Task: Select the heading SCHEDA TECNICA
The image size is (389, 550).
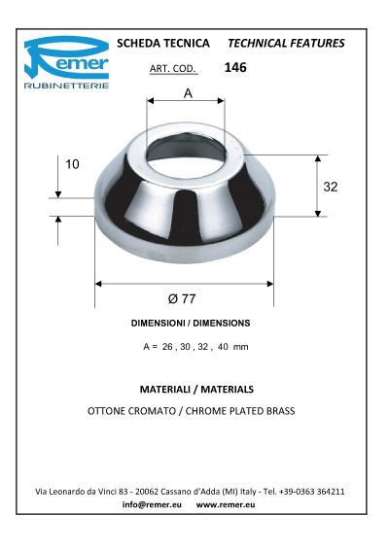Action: click(x=163, y=44)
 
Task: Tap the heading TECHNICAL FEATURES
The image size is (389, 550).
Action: click(x=285, y=44)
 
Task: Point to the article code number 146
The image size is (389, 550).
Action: click(x=234, y=68)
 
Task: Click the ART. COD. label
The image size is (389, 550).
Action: click(x=174, y=69)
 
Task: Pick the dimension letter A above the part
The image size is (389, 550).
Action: click(x=187, y=93)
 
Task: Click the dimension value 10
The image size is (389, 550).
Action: click(x=72, y=164)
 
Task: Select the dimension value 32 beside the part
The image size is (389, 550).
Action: click(x=331, y=187)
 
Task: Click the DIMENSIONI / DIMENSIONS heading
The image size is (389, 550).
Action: click(x=190, y=323)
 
